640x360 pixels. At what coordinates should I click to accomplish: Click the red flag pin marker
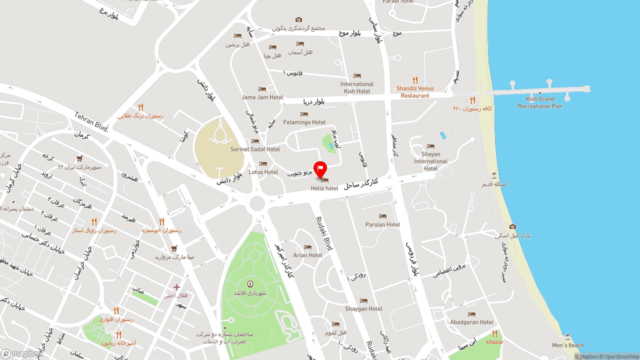point(320,168)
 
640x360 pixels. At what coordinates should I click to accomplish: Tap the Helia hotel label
point(324,188)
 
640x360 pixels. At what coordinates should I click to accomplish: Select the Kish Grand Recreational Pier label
point(540,102)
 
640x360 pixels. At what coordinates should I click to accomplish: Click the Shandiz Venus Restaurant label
point(415,92)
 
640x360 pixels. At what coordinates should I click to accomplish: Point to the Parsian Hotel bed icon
point(382,216)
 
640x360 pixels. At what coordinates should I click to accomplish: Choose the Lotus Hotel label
point(263,172)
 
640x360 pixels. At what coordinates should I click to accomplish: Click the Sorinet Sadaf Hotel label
point(255,149)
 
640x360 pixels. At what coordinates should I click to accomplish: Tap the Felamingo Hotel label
point(304,122)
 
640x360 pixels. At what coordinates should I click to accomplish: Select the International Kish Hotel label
point(357,87)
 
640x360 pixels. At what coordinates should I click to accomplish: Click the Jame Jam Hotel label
point(262,97)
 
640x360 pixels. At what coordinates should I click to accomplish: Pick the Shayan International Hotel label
point(430,161)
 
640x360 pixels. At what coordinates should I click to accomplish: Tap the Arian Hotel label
point(307,255)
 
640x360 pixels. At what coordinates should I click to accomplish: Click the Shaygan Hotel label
point(363,308)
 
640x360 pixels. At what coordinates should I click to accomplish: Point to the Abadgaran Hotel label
point(471,322)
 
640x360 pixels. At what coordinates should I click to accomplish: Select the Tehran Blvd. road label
point(91,122)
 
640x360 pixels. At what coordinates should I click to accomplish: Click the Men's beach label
point(568,345)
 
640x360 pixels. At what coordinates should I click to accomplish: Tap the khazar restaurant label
point(495,342)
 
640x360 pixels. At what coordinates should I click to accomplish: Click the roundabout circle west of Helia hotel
point(257,203)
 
